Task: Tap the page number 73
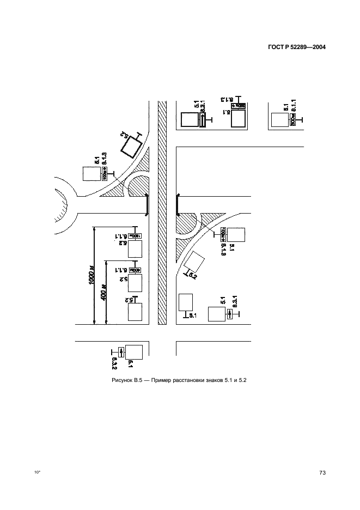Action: click(322, 473)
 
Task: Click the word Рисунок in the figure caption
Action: click(122, 380)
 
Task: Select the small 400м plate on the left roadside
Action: click(136, 270)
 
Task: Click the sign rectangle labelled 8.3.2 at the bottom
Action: click(135, 353)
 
